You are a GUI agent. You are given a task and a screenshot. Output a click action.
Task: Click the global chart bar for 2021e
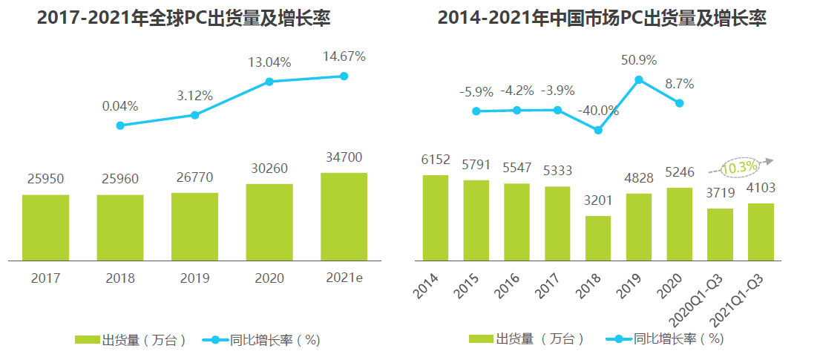344,217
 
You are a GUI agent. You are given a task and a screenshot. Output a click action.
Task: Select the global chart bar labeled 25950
45,228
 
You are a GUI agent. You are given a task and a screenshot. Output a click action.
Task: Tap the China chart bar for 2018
597,238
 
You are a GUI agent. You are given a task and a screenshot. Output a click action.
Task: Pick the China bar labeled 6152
435,217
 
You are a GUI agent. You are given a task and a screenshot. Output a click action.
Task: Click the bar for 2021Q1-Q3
761,232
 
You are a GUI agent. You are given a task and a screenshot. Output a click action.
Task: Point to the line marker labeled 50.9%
638,80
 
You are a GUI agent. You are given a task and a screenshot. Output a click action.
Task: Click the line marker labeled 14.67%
344,76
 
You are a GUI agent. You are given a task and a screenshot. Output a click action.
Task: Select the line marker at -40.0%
597,130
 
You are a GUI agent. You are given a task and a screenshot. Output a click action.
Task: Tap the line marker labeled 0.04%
120,125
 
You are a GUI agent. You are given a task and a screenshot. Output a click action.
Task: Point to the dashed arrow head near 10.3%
770,160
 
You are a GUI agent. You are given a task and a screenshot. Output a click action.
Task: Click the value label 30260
269,168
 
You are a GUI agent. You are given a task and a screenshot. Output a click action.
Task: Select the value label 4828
638,178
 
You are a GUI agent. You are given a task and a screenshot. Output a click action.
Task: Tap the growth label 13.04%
269,63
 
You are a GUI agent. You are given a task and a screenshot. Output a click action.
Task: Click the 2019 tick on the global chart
194,278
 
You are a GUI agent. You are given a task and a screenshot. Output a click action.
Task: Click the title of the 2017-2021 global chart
183,19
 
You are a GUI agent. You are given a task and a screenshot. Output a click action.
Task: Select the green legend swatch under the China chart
483,339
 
